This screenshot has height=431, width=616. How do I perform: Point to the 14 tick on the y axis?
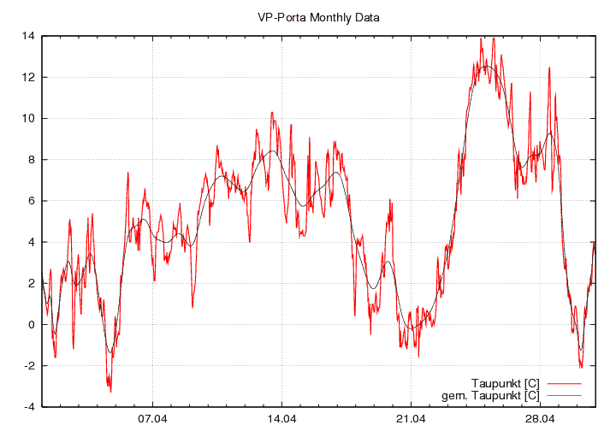click(29, 36)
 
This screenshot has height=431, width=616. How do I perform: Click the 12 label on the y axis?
click(29, 77)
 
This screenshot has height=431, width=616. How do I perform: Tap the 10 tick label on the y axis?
click(29, 118)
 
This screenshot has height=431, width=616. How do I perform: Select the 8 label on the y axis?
click(32, 159)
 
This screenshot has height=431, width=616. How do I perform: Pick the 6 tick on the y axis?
click(32, 201)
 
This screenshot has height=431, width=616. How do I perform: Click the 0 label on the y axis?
click(32, 324)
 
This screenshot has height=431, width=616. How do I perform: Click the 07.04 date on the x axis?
click(152, 419)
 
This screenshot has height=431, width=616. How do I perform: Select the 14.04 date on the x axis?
click(281, 419)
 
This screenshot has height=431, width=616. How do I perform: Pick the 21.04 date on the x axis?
click(411, 419)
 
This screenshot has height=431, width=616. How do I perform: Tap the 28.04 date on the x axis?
click(540, 419)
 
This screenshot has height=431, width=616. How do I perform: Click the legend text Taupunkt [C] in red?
click(505, 382)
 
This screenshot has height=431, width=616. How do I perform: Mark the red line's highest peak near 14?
click(482, 38)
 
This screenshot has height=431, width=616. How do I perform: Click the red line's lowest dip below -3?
click(110, 391)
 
